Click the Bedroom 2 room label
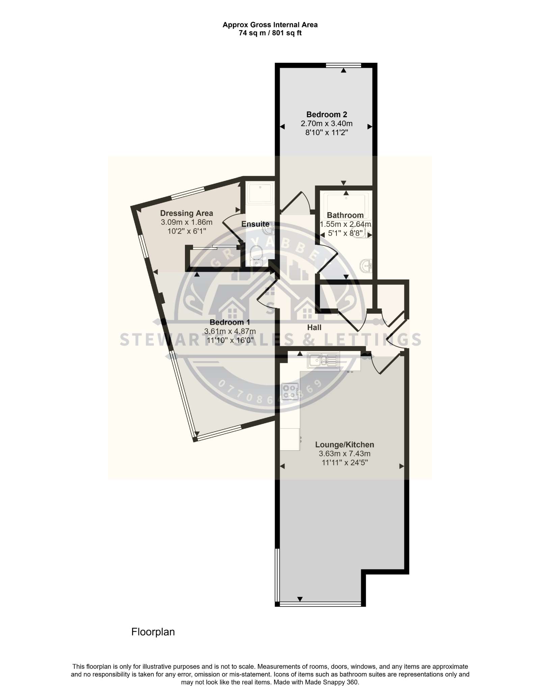click(x=326, y=114)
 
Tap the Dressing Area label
click(x=186, y=213)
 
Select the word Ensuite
click(x=255, y=224)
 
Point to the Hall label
click(x=314, y=327)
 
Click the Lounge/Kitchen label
click(x=345, y=445)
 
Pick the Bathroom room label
click(x=345, y=215)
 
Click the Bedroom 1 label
click(x=230, y=322)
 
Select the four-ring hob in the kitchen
click(x=290, y=392)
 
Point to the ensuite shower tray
click(x=260, y=193)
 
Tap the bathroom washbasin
click(x=366, y=266)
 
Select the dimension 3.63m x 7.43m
click(x=345, y=454)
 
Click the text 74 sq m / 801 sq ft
click(x=270, y=33)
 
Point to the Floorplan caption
click(x=153, y=632)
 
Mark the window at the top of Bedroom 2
click(x=344, y=65)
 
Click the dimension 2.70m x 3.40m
click(x=326, y=124)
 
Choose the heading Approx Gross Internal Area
click(x=270, y=25)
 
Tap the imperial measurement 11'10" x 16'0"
click(x=230, y=340)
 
